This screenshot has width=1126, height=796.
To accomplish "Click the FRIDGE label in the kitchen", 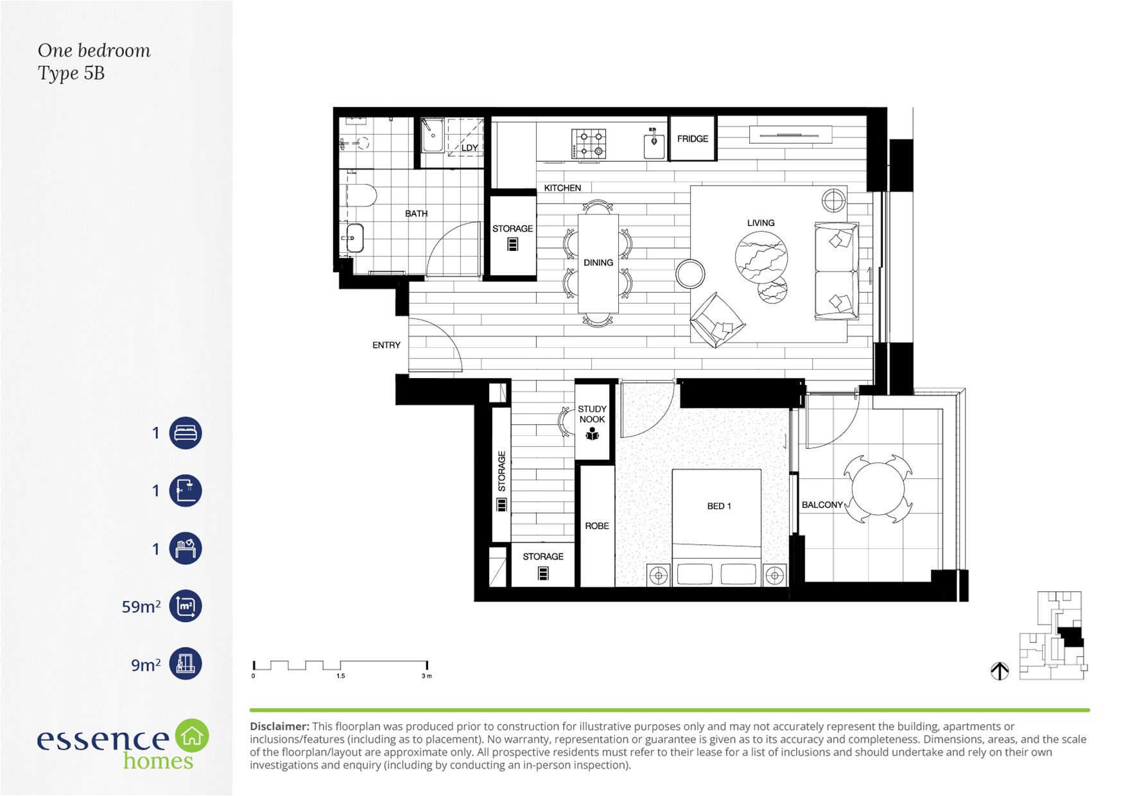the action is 693,139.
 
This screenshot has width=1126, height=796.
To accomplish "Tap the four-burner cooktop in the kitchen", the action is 589,144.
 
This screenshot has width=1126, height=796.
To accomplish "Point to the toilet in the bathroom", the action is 361,196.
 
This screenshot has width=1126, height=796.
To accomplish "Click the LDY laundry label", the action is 470,148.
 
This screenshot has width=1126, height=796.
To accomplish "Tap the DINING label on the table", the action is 598,263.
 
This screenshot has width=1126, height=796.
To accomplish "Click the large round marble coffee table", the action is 761,257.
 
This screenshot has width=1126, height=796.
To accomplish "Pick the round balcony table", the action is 878,490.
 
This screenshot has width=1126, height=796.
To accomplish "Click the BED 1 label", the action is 719,506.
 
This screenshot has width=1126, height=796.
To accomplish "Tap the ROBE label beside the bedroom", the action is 597,526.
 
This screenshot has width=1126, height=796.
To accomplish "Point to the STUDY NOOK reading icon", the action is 592,435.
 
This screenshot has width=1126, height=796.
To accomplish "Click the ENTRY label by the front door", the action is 386,345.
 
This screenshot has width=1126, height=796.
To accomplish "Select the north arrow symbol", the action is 1000,671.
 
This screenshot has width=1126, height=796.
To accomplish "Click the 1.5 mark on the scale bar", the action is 340,676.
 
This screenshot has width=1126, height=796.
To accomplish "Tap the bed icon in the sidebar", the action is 186,433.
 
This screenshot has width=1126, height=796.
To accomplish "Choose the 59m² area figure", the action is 141,606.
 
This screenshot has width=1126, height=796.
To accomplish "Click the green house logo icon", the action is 192,736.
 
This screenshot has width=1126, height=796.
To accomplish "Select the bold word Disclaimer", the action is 279,726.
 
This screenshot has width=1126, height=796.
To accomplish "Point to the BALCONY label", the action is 822,505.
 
